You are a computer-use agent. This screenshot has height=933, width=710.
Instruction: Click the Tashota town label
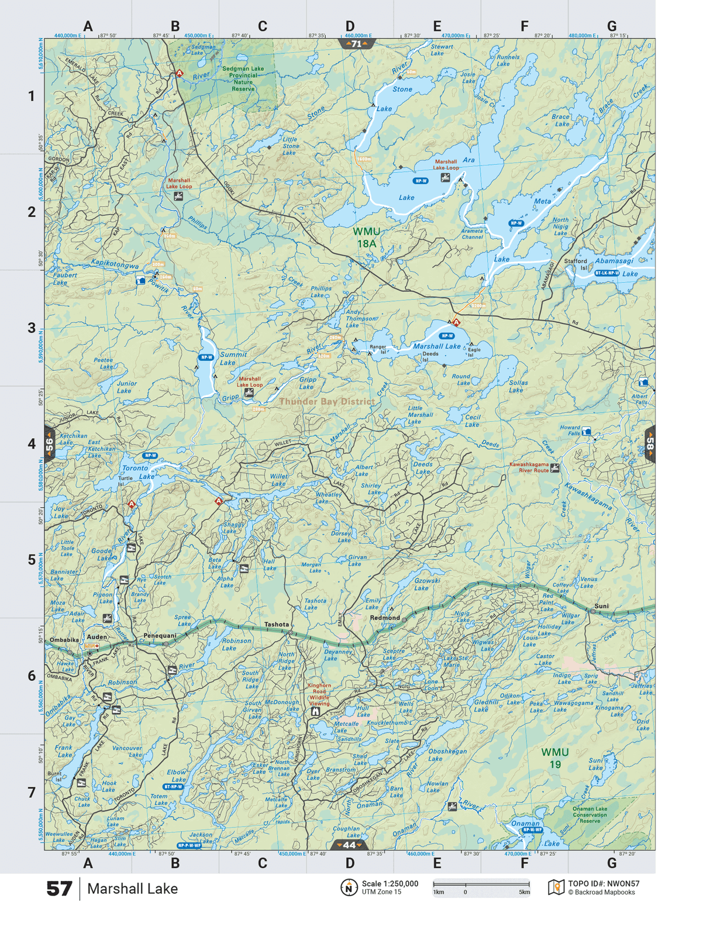click(276, 624)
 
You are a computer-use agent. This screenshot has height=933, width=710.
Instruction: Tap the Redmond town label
click(385, 618)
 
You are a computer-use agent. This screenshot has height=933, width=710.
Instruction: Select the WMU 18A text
click(366, 237)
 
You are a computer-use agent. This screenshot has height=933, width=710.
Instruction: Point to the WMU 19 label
click(554, 758)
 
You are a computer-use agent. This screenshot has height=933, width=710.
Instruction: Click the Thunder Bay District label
click(326, 401)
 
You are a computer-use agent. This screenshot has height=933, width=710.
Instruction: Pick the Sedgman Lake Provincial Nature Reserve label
click(243, 78)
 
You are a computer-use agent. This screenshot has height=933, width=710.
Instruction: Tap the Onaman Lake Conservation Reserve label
click(590, 815)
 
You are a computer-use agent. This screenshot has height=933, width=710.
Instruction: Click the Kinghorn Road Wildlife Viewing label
click(319, 694)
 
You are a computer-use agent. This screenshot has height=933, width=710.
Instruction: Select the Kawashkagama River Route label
click(529, 467)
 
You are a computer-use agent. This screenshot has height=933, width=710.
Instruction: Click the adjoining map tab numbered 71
click(357, 44)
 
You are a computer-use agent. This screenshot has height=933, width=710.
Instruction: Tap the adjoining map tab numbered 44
click(349, 845)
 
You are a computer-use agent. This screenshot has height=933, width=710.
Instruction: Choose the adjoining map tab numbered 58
click(650, 445)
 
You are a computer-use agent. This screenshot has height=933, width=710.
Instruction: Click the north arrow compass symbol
click(349, 887)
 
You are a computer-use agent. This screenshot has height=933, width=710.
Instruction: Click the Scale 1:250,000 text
click(390, 884)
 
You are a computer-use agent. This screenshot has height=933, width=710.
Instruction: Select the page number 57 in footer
click(59, 889)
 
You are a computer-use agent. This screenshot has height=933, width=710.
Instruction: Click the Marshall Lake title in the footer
click(132, 889)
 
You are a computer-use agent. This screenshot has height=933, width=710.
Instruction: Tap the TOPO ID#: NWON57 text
click(604, 884)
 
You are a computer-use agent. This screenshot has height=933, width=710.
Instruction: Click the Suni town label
click(601, 606)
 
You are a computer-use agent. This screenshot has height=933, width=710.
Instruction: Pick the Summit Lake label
click(233, 358)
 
